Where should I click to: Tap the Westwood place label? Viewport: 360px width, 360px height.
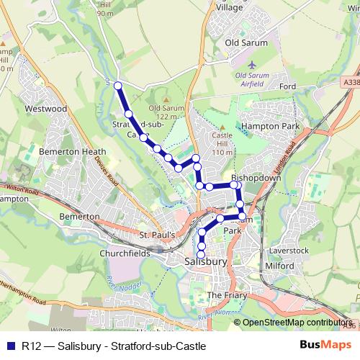45,109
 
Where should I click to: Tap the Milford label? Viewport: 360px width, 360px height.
279,266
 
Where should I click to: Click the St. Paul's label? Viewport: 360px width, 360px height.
157,235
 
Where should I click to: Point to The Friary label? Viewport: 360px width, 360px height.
227,295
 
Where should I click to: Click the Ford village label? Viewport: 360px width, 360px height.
288,86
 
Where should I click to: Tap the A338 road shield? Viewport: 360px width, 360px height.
350,83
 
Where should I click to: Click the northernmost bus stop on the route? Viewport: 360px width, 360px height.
118,86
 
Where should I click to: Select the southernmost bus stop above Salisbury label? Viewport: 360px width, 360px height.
201,253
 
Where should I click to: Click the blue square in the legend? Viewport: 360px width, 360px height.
10,346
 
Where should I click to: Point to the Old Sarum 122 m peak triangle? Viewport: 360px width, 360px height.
166,99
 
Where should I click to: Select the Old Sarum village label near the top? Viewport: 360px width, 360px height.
246,42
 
